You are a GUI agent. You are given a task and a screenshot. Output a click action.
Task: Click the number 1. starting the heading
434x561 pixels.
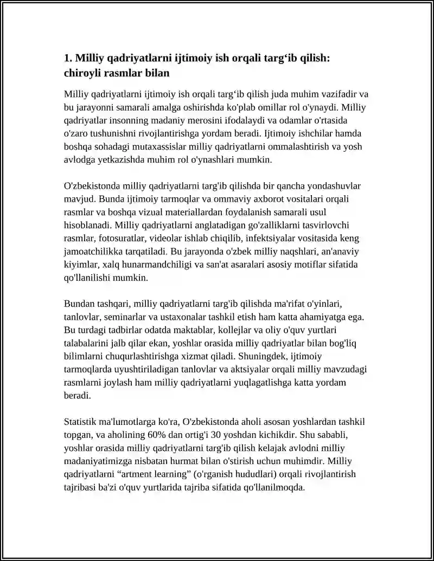pos(68,58)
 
